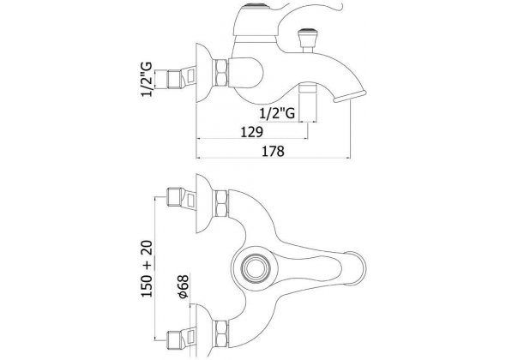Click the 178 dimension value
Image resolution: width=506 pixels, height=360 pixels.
coord(273,151)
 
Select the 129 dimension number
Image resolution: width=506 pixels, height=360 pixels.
coord(252,132)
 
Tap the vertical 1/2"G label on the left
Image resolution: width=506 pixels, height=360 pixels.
coord(146,80)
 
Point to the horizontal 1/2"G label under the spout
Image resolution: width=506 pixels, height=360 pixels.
coord(277,113)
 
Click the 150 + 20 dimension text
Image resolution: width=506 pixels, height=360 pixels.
coord(147,268)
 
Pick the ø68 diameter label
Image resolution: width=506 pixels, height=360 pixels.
coord(184,287)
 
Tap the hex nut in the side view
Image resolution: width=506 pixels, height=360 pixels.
coord(222,73)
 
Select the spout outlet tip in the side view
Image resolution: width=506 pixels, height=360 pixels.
coord(350,97)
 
